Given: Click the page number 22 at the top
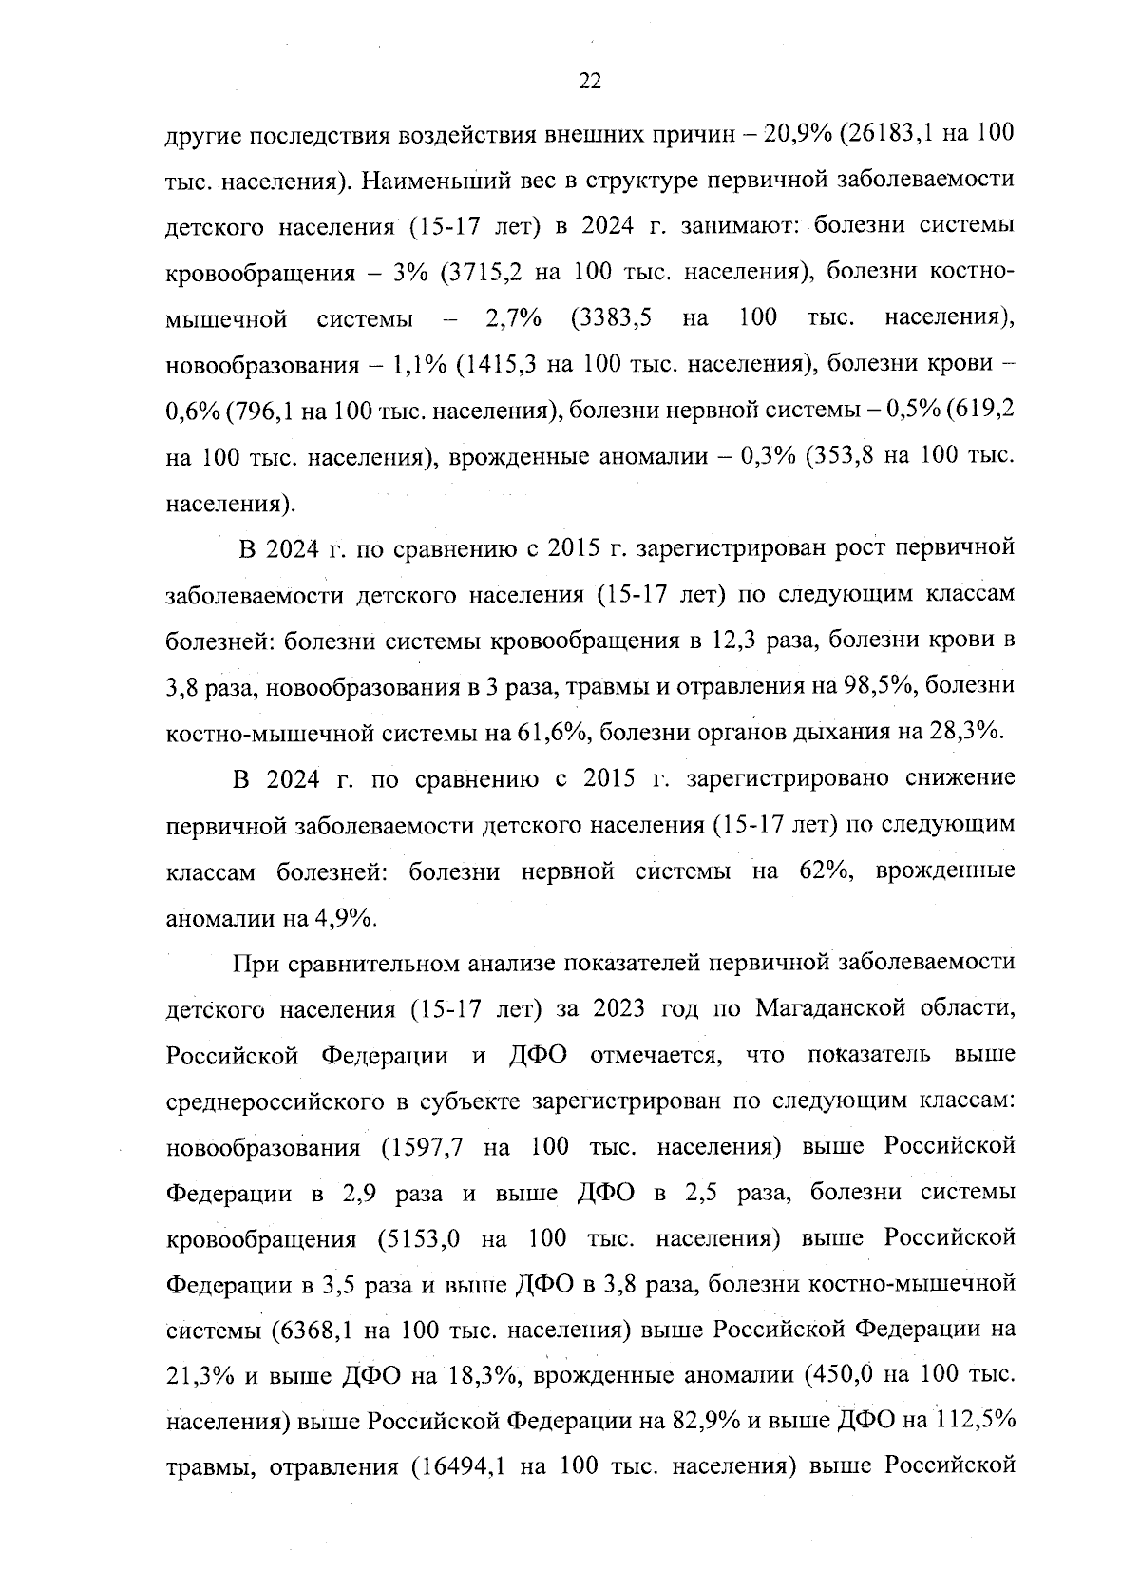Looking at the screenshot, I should point(589,82).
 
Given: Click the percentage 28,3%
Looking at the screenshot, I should point(969,732).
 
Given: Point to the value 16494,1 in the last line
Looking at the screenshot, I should point(464,1469).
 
